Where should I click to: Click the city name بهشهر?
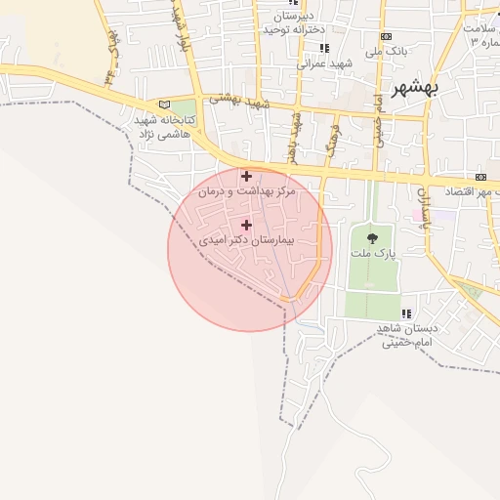[x=416, y=89]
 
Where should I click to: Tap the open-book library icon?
[x=164, y=104]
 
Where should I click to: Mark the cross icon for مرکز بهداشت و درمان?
[x=246, y=177]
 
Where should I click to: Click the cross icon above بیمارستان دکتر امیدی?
[x=246, y=225]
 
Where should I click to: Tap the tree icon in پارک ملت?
[x=371, y=236]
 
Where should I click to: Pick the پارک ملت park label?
[x=371, y=253]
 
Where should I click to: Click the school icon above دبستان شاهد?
[x=407, y=312]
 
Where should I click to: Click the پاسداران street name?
[x=426, y=209]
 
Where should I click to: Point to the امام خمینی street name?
[x=375, y=120]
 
